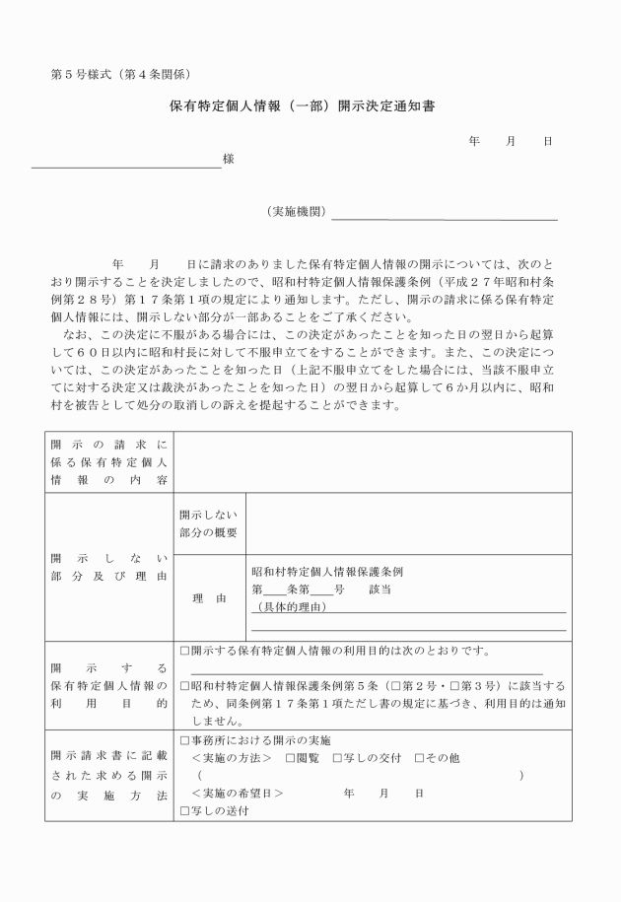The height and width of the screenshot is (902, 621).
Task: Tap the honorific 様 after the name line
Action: [228, 158]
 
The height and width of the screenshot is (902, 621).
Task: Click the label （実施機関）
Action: [296, 211]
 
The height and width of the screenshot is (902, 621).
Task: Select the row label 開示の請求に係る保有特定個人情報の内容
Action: [109, 461]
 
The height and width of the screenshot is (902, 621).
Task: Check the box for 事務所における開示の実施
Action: [185, 739]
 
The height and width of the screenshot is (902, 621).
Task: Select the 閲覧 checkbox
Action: [290, 758]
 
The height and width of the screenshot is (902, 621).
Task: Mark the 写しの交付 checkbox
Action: [338, 758]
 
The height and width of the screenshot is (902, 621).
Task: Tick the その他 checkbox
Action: [420, 758]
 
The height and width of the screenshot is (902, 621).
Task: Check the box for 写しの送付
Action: [185, 811]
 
